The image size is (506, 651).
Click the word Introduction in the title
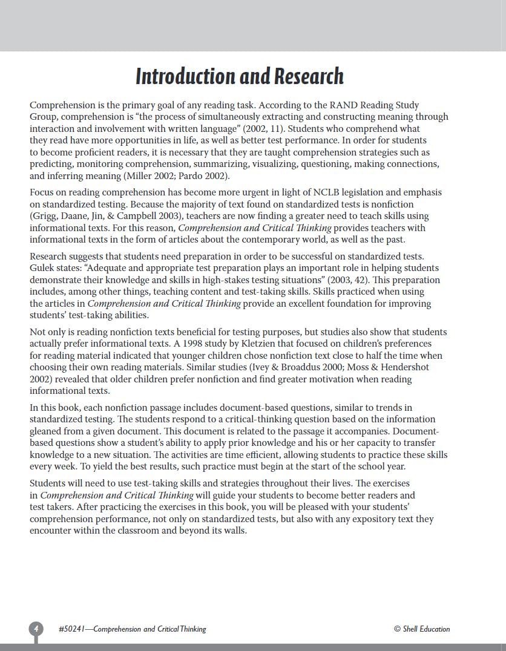(x=186, y=77)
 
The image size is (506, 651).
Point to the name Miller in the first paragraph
(x=140, y=176)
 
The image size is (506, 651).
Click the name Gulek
(x=43, y=268)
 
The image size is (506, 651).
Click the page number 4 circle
(x=36, y=629)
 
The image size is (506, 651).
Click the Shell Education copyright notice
(x=422, y=629)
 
